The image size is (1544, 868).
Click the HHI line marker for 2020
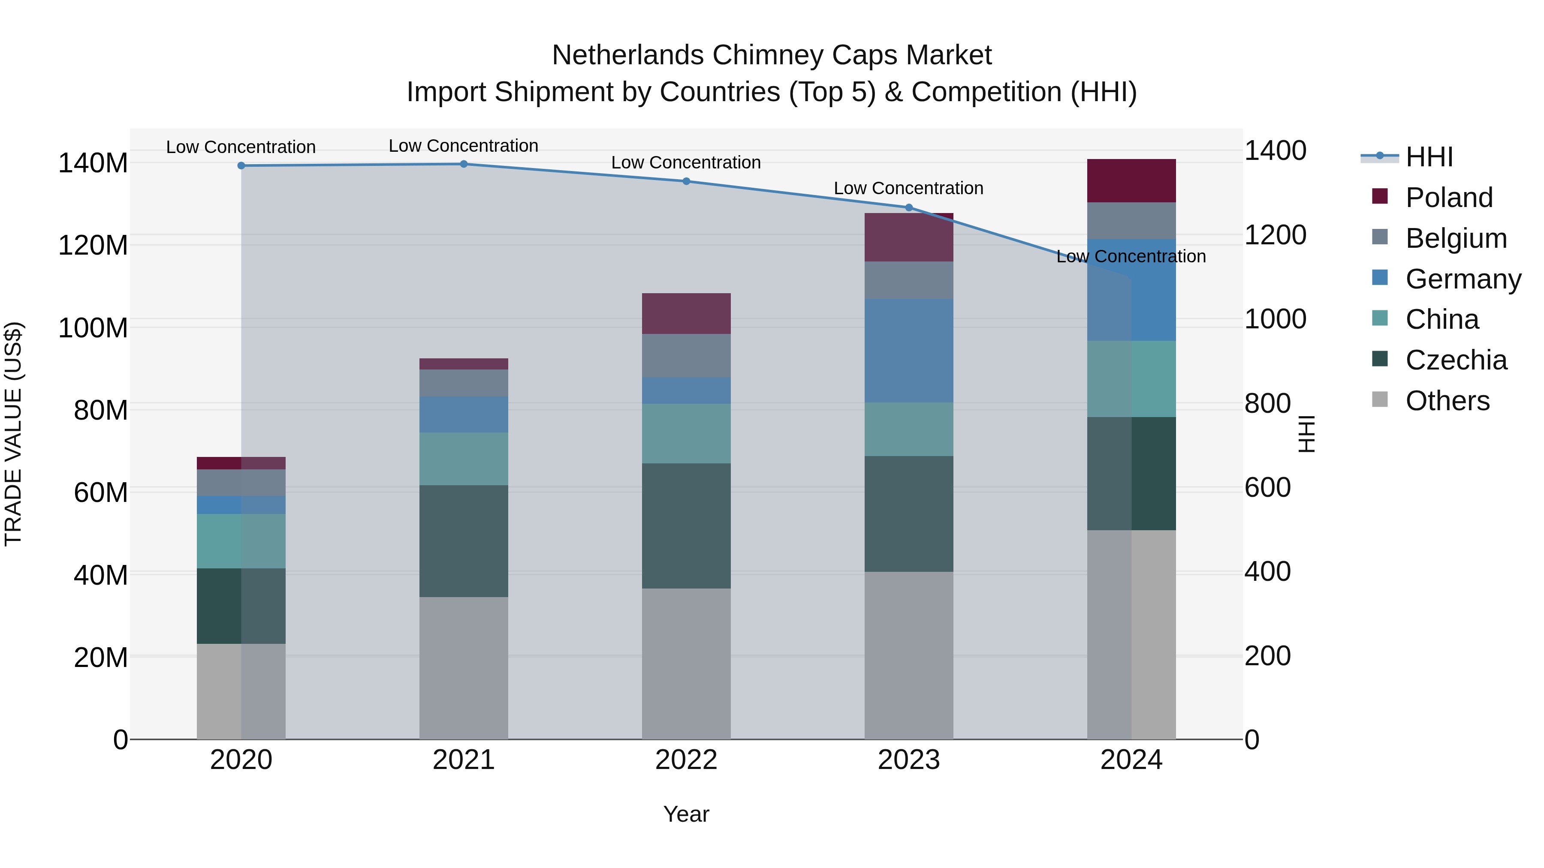click(241, 165)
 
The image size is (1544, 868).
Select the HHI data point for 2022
click(686, 181)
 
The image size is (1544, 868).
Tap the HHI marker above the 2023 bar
click(909, 207)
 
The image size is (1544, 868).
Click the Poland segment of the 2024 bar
click(1131, 180)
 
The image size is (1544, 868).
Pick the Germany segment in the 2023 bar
click(909, 351)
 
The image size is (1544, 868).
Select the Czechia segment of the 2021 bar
click(463, 541)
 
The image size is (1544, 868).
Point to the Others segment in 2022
click(686, 663)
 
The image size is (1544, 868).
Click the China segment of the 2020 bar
click(241, 541)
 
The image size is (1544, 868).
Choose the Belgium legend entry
click(1455, 238)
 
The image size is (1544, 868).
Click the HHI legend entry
click(1429, 157)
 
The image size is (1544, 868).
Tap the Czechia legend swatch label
click(1455, 360)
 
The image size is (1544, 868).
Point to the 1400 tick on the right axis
click(1275, 150)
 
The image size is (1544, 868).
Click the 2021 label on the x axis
click(463, 760)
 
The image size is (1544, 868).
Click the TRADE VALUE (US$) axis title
click(13, 434)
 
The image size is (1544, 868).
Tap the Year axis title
click(686, 814)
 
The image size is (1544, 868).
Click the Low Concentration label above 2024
click(1131, 256)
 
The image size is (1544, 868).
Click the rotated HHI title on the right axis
click(1307, 434)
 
